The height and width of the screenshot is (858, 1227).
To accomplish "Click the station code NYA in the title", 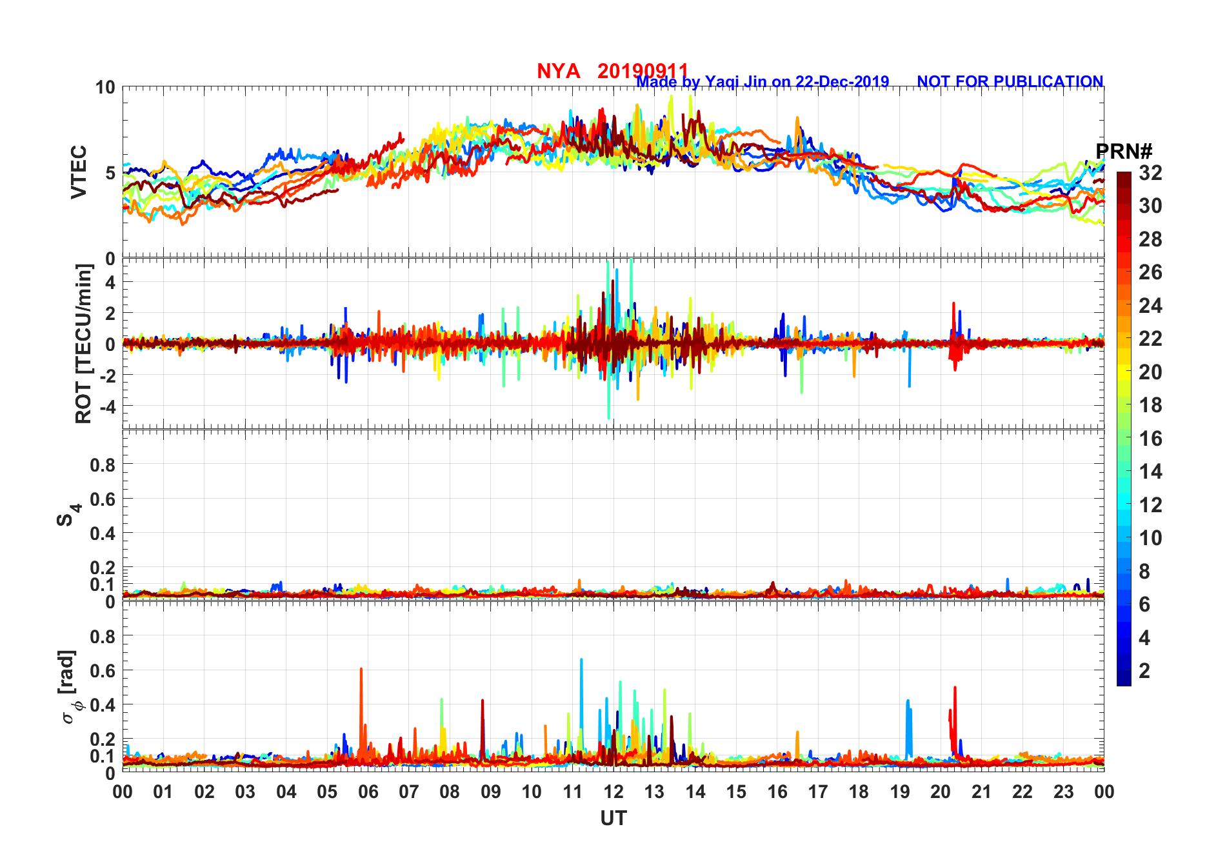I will click(x=558, y=71).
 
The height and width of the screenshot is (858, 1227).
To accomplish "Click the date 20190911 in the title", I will click(x=643, y=71).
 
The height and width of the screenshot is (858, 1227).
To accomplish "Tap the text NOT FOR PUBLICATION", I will click(x=1010, y=82).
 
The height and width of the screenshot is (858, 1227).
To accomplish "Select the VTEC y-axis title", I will click(x=79, y=172).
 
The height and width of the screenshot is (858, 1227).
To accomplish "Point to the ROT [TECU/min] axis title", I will click(x=84, y=343).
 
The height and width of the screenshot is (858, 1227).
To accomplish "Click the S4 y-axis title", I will click(x=67, y=515).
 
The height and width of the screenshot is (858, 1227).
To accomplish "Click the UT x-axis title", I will click(x=613, y=818).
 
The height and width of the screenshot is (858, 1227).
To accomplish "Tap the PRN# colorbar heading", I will click(x=1124, y=152).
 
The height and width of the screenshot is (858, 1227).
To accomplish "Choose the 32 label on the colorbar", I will click(x=1150, y=173).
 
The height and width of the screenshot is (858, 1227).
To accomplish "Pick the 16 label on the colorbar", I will click(x=1150, y=439).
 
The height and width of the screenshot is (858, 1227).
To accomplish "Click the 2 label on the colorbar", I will click(x=1144, y=671).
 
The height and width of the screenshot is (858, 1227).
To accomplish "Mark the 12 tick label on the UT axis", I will click(x=613, y=792).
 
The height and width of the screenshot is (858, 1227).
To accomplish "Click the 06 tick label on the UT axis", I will click(x=368, y=792).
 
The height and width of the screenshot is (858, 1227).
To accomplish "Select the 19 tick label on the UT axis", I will click(x=899, y=792).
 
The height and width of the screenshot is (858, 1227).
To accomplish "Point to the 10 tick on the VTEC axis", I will click(x=105, y=87).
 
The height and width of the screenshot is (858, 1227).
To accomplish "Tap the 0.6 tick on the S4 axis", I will click(x=103, y=499).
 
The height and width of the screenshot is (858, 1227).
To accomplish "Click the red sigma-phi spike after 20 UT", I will click(x=955, y=689).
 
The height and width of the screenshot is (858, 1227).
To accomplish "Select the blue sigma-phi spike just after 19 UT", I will click(x=908, y=702).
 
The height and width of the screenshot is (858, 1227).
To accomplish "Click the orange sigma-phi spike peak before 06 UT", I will click(x=361, y=670).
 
